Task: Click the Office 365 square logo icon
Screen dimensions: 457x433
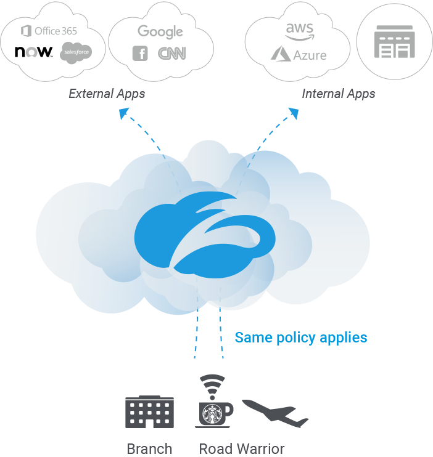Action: [x=26, y=31]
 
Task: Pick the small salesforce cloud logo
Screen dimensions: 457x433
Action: [x=76, y=53]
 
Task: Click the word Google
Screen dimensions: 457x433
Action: [x=160, y=31]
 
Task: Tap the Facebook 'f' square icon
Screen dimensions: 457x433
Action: [x=140, y=54]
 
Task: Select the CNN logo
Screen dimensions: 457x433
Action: [x=171, y=54]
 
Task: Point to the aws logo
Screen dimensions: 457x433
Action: [x=299, y=28]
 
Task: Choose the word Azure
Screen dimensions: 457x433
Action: [x=310, y=55]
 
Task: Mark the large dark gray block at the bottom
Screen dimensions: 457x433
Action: [x=278, y=425]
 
